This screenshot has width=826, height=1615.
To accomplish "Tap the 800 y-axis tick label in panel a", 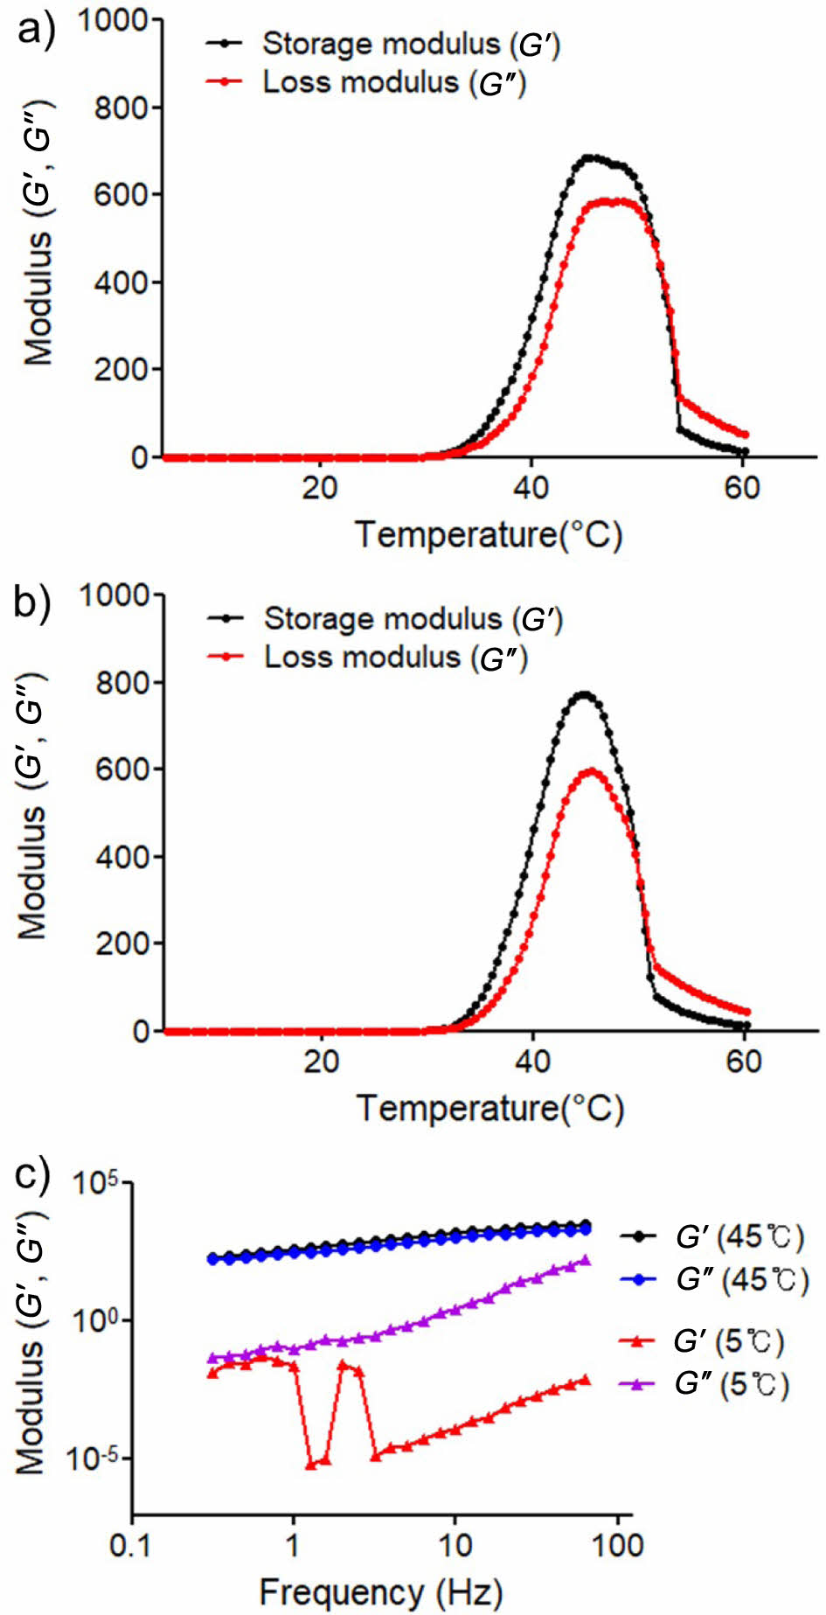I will click(121, 108).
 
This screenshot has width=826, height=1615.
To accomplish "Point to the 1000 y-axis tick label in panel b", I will click(115, 595).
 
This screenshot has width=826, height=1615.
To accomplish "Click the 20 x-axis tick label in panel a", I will click(320, 488).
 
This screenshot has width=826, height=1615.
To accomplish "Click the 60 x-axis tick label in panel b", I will click(744, 1062).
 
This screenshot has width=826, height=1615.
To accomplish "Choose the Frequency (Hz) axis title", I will click(381, 1592).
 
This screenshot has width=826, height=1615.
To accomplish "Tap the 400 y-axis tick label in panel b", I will click(121, 857).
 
